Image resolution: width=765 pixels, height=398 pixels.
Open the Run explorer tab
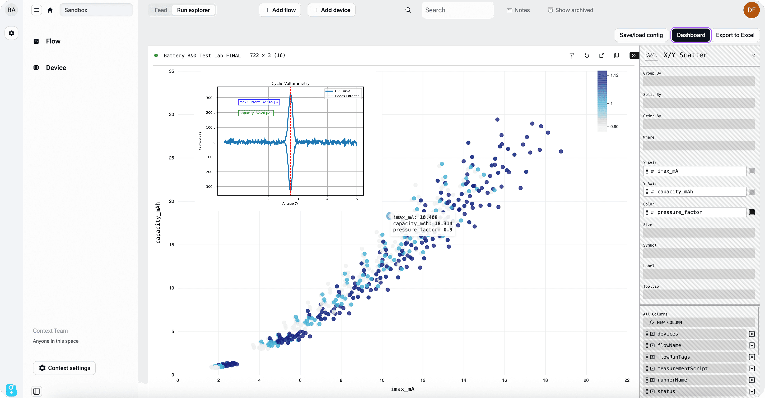click(193, 10)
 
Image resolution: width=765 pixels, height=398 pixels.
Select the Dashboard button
click(691, 35)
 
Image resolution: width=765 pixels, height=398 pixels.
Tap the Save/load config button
click(641, 35)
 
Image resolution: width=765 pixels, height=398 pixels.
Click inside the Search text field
click(457, 10)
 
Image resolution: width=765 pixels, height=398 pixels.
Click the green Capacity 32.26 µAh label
click(256, 113)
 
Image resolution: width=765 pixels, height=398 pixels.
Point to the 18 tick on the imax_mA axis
click(545, 380)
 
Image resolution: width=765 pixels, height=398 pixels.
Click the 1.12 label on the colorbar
click(614, 75)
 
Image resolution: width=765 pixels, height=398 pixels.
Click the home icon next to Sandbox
click(50, 10)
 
